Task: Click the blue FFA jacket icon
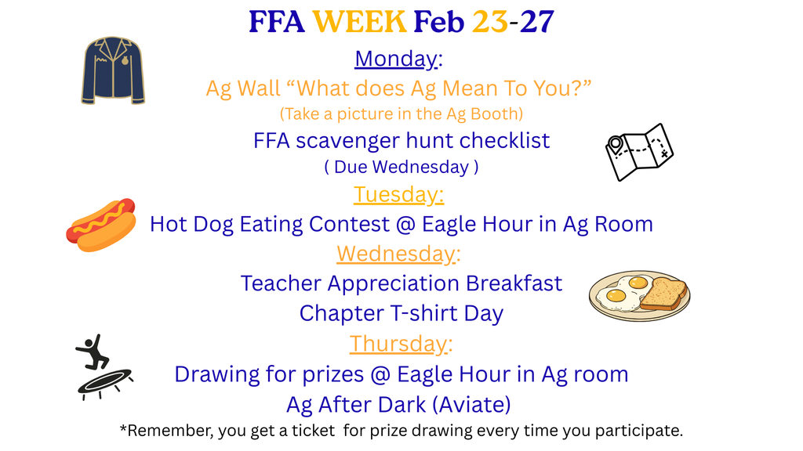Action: point(113,70)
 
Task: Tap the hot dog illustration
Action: point(101,225)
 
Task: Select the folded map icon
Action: point(640,152)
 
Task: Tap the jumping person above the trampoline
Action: point(93,352)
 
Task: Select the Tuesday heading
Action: point(398,195)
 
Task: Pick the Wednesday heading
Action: point(398,254)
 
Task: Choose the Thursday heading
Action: point(401,344)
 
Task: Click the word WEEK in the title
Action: point(359,22)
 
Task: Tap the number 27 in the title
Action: point(536,22)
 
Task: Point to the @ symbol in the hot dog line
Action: point(405,225)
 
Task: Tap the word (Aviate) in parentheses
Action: point(471,405)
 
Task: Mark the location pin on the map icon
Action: point(615,144)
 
